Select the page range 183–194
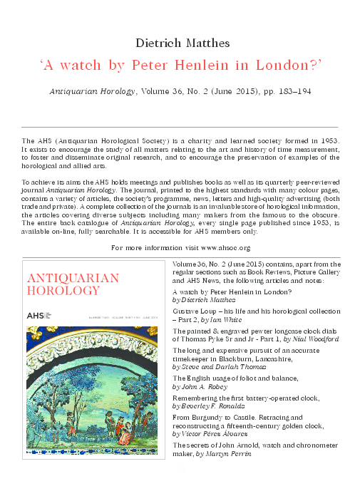[289, 92]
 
